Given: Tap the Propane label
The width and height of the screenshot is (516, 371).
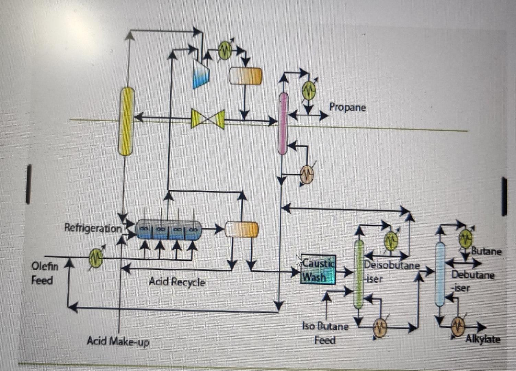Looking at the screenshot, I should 347,107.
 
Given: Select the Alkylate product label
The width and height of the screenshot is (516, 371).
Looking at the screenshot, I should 483,339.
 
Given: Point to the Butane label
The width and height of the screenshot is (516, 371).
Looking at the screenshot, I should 486,251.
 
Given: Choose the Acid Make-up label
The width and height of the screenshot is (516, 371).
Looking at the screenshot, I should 118,341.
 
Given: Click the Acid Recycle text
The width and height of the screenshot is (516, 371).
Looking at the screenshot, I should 177,282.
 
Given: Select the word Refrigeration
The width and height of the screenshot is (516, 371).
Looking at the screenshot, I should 93,228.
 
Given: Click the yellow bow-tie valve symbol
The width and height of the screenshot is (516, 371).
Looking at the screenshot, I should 208,119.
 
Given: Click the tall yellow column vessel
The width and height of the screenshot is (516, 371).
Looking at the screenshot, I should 126,121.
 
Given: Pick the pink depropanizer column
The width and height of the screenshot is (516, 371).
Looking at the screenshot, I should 283,123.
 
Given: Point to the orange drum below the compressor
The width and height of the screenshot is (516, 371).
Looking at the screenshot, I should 245,76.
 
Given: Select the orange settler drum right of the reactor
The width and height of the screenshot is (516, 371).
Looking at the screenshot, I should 242,229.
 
